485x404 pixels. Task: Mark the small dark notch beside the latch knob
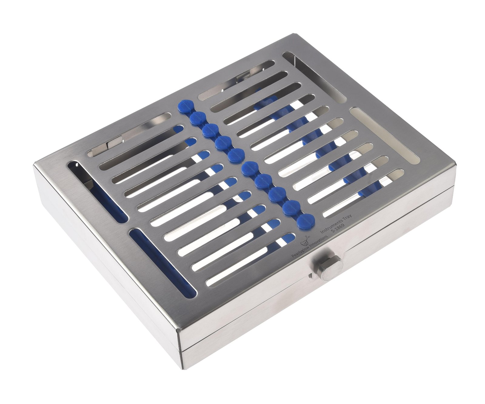tap(310, 275)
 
